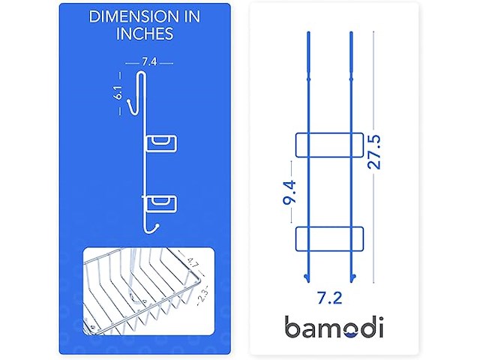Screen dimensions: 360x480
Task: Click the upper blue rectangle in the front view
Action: (330, 145)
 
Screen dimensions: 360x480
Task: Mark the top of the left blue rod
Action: (307, 34)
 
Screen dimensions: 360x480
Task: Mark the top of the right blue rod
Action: (351, 34)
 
